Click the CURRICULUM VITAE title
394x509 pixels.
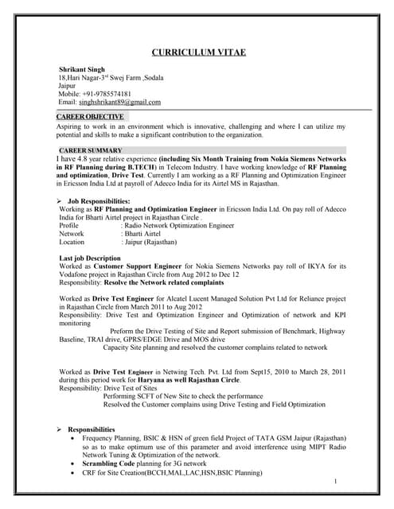[x=198, y=52]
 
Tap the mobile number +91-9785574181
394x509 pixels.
[x=115, y=94]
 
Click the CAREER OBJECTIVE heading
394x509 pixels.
[x=90, y=117]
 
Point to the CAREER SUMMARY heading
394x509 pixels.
[x=91, y=150]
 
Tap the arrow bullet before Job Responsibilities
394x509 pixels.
[x=61, y=202]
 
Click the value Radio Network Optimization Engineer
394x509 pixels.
[x=177, y=226]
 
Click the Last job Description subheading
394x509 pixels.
[x=90, y=259]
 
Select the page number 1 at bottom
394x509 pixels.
[x=336, y=481]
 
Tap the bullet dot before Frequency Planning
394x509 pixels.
[x=74, y=438]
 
